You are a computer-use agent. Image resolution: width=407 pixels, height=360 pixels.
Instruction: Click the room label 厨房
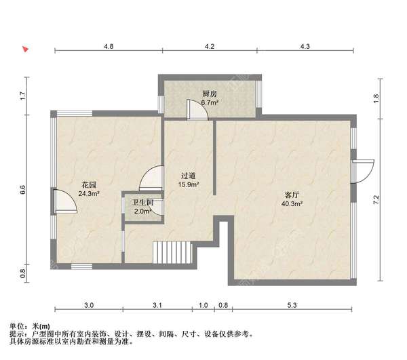tap(209, 94)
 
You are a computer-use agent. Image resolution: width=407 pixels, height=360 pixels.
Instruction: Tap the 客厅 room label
tap(292, 195)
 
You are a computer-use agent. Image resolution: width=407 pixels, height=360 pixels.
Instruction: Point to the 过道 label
tap(188, 174)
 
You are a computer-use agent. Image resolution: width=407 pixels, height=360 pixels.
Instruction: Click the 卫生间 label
tap(142, 203)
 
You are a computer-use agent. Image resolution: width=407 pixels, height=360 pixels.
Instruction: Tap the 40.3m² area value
tap(292, 203)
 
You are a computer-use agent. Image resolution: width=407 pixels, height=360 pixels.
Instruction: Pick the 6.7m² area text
tap(209, 103)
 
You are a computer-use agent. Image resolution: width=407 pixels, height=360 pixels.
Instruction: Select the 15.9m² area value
tap(188, 183)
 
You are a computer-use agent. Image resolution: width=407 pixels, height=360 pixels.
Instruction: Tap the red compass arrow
tap(25, 49)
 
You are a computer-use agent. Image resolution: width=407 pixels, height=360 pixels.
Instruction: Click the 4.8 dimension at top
tap(109, 46)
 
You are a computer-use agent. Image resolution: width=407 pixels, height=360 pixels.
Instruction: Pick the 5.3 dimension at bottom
tap(292, 306)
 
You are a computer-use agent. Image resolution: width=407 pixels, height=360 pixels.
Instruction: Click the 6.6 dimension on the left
tap(22, 190)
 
